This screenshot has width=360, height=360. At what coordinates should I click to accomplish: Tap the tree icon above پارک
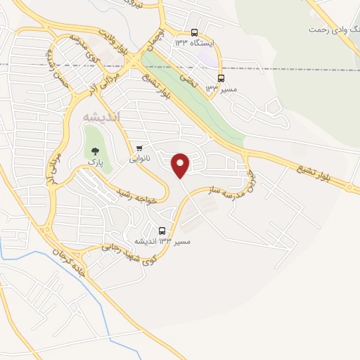tap(95, 149)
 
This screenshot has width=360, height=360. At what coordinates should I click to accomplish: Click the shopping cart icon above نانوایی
tap(141, 148)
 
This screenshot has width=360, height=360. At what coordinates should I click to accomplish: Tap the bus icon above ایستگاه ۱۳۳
tap(195, 32)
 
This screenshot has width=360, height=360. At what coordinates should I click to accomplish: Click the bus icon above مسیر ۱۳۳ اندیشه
tap(162, 231)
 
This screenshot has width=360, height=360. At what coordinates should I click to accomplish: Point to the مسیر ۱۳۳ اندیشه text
tap(164, 241)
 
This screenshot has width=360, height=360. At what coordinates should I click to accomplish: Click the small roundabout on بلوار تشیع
tap(350, 186)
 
